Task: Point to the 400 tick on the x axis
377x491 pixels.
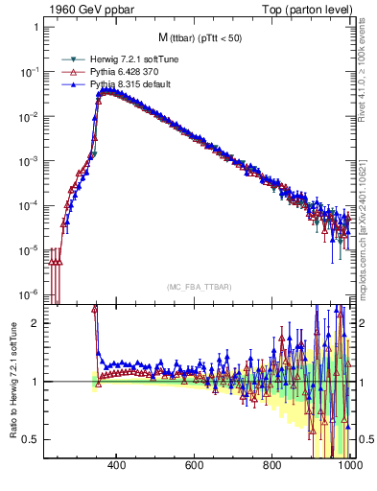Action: (117, 466)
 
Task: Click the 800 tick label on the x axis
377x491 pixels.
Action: (272, 466)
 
